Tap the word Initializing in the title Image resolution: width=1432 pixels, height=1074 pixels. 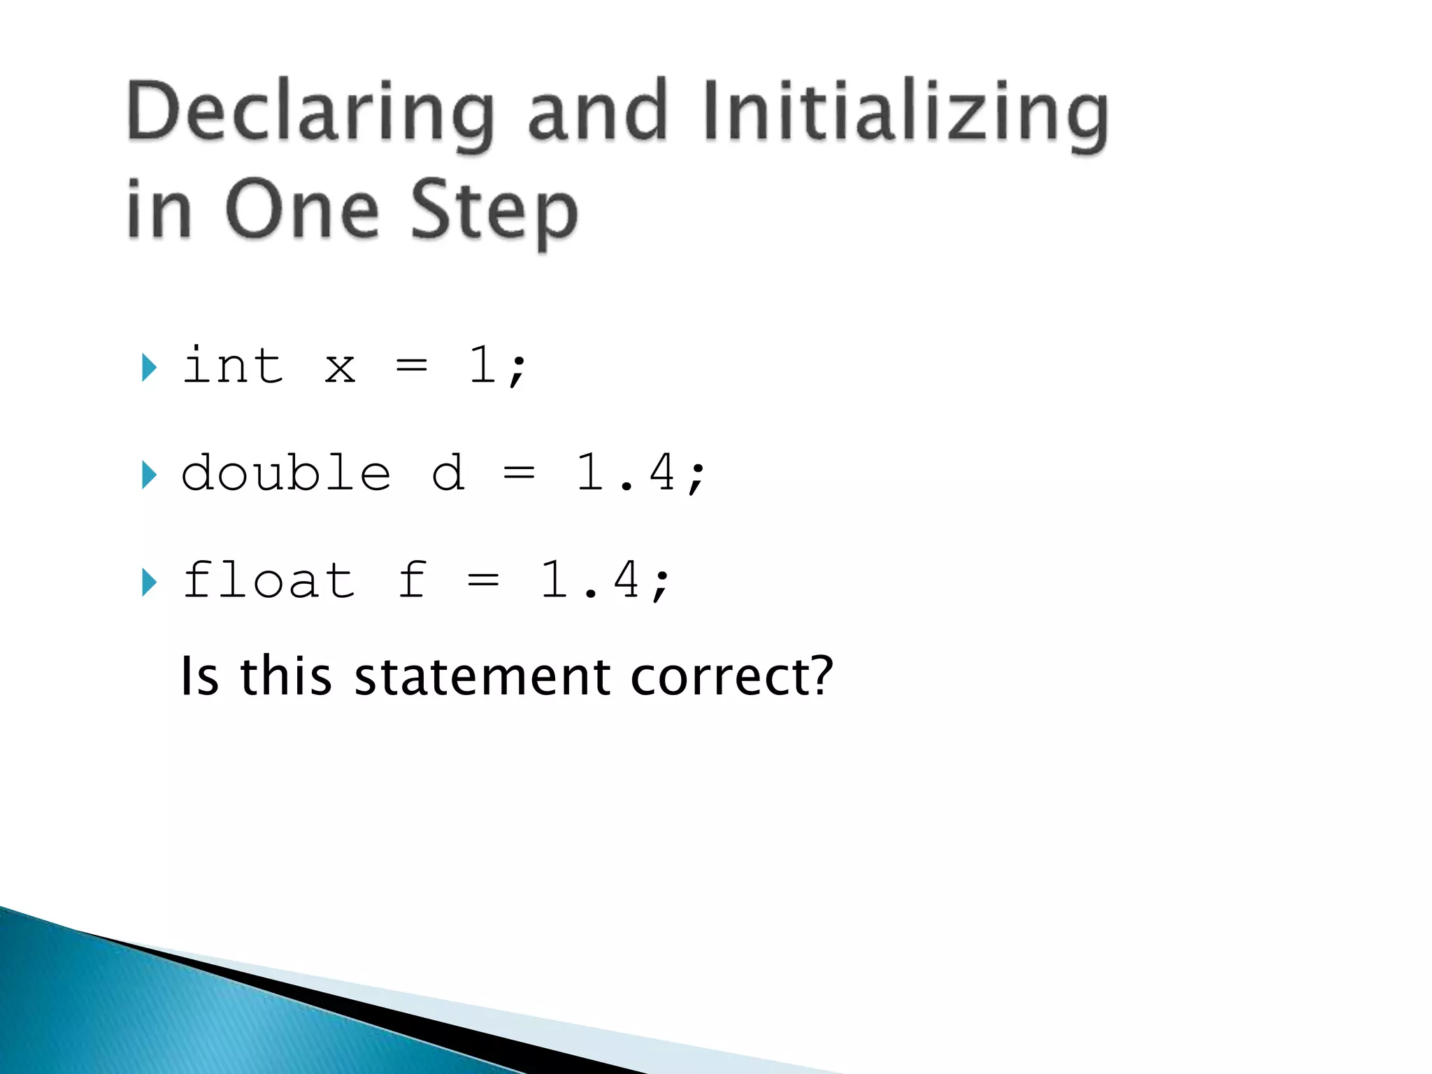pos(906,112)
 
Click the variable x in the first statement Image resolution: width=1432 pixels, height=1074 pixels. pos(340,368)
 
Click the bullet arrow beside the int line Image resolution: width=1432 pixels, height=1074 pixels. pos(148,367)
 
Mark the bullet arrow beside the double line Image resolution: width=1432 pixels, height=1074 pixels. pos(148,475)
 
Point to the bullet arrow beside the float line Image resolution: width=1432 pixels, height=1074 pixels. pos(148,582)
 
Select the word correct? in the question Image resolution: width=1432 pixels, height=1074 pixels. pos(731,676)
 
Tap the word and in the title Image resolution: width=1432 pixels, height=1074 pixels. pos(596,112)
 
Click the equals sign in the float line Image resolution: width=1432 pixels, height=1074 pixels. pos(483,580)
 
